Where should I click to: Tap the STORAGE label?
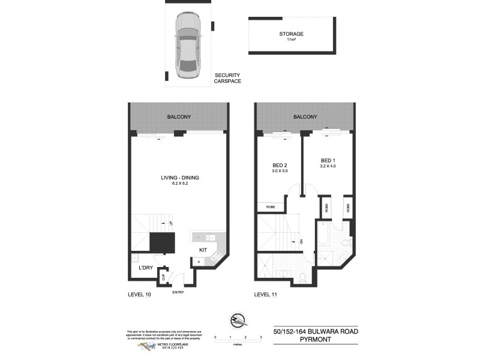tap(291, 34)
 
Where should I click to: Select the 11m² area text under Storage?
tap(291, 40)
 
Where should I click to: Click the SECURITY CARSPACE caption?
tap(227, 77)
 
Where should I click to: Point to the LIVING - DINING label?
tap(179, 178)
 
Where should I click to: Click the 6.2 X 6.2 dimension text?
tap(179, 184)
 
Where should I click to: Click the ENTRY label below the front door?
tap(178, 292)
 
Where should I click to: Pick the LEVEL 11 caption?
tap(266, 294)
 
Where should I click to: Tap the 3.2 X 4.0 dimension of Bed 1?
tap(328, 167)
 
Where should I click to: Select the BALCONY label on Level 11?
tap(305, 117)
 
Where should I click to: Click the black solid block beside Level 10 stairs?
tap(161, 244)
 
